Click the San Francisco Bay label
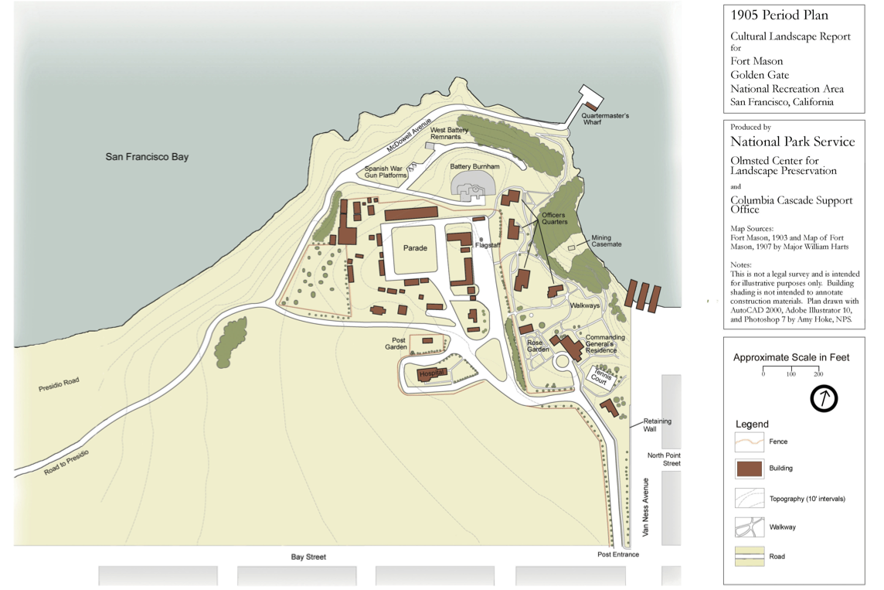[147, 157]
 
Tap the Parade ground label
[414, 248]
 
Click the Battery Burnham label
[474, 166]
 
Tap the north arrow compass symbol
[824, 399]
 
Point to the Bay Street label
[308, 557]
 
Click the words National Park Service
[793, 142]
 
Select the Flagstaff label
[488, 245]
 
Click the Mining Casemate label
[607, 241]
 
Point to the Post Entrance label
[618, 554]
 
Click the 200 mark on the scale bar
[818, 374]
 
